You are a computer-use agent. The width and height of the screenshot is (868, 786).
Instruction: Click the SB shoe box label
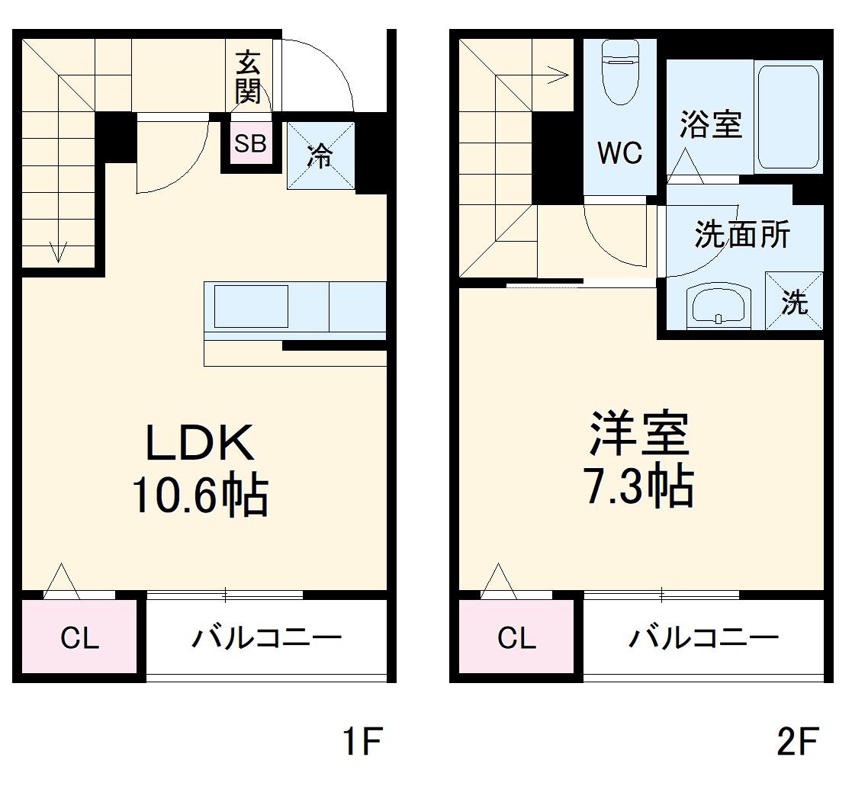click(x=250, y=143)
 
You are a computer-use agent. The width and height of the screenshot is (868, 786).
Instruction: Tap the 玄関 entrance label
click(x=248, y=76)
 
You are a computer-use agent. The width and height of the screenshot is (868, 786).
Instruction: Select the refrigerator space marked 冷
click(x=321, y=156)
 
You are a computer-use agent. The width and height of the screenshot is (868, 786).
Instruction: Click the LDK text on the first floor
click(x=200, y=442)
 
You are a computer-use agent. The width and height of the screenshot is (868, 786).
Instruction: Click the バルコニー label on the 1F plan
click(x=266, y=638)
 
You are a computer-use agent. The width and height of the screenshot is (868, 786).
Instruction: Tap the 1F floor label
click(x=361, y=742)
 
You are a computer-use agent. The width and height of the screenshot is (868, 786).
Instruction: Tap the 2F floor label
click(x=798, y=742)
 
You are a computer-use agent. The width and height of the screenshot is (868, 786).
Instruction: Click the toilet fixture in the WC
click(x=619, y=72)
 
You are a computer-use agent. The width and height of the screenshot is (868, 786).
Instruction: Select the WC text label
click(x=619, y=153)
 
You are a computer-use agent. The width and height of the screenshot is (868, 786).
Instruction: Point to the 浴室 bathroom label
click(x=711, y=124)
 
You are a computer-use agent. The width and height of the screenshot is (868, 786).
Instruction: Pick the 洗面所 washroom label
click(x=741, y=236)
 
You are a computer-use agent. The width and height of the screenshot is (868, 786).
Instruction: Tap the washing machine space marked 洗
click(x=794, y=303)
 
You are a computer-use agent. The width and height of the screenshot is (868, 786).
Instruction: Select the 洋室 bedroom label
click(x=639, y=434)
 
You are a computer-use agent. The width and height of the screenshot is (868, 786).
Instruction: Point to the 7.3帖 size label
click(x=639, y=487)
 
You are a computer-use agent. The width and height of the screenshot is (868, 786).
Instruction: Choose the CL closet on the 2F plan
click(x=516, y=638)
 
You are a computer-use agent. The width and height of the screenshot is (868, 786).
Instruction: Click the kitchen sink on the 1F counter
click(x=251, y=306)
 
